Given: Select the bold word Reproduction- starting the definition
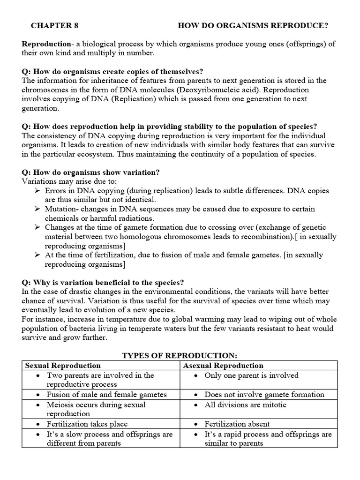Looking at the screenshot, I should [x=45, y=44].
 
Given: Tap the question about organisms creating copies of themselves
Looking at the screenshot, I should [x=112, y=71].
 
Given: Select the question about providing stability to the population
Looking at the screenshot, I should [x=169, y=126].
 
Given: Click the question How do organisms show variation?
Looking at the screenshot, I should [x=91, y=172].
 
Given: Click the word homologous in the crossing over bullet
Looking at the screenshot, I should [x=172, y=237].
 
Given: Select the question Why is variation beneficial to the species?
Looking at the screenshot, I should [x=103, y=282].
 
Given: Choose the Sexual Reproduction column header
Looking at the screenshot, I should [x=63, y=366].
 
